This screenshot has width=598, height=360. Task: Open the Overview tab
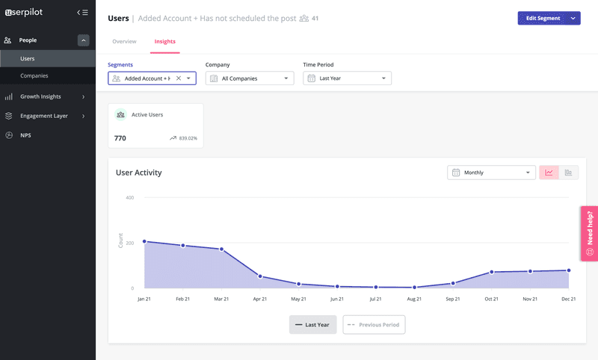(x=124, y=41)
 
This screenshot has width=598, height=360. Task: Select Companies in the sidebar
(x=34, y=76)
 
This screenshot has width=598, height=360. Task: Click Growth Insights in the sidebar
(x=40, y=96)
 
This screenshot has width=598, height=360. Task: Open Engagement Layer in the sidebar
(x=43, y=116)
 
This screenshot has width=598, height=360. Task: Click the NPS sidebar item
(x=25, y=135)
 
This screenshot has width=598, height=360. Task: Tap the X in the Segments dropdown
(x=178, y=78)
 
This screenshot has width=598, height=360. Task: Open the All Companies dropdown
(x=250, y=78)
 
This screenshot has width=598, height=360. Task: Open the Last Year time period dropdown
(x=347, y=78)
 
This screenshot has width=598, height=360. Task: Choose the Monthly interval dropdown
(x=488, y=173)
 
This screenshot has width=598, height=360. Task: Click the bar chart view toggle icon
(x=568, y=173)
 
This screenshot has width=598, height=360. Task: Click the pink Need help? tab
(x=589, y=233)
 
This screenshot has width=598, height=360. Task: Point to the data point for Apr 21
(x=260, y=276)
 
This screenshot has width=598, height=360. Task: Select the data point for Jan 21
(x=144, y=241)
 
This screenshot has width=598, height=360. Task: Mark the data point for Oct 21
(x=491, y=272)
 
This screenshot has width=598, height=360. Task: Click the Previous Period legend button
(x=374, y=325)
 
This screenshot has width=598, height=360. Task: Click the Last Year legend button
(x=312, y=325)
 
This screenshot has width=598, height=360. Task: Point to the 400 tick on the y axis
(x=129, y=198)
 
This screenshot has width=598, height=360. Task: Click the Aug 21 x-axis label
(x=414, y=299)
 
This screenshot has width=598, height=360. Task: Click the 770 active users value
(x=120, y=138)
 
